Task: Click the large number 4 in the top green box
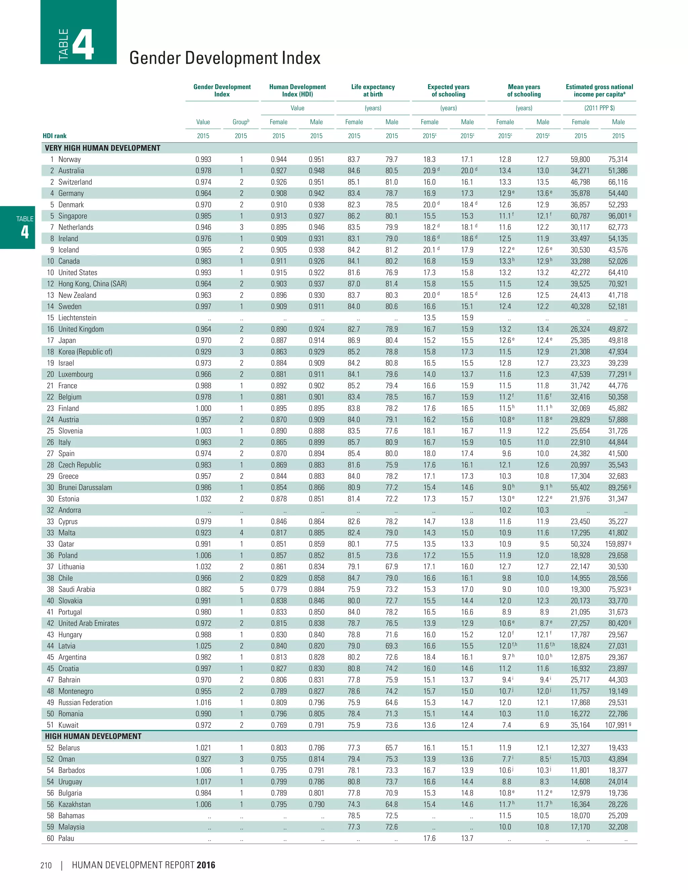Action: click(84, 45)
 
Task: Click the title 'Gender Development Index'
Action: click(225, 58)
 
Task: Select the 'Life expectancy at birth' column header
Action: click(373, 90)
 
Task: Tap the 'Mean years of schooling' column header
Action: click(524, 90)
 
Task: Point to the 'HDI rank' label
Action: click(55, 136)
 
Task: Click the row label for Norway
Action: click(69, 159)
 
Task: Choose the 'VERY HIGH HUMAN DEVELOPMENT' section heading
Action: click(103, 148)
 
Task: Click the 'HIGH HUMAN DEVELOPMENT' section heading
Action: click(93, 737)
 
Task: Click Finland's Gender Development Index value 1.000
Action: click(203, 408)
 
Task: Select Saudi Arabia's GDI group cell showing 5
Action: click(241, 589)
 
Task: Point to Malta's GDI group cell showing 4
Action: click(241, 533)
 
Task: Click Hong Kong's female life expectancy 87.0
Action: click(354, 284)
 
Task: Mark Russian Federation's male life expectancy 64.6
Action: click(392, 703)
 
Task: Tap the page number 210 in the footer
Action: click(46, 865)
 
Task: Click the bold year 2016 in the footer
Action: click(206, 865)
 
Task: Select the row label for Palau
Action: click(66, 838)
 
